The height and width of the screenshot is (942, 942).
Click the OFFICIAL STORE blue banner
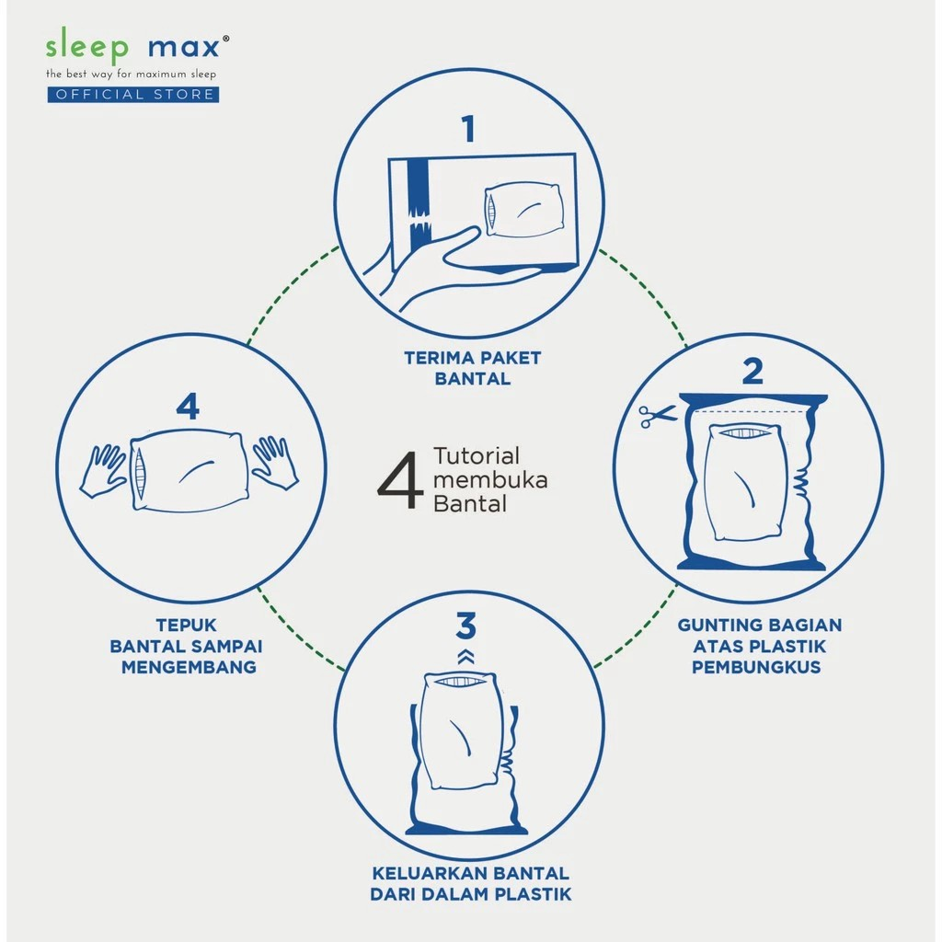(x=133, y=94)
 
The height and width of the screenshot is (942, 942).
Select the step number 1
(x=469, y=129)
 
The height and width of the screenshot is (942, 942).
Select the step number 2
(x=752, y=371)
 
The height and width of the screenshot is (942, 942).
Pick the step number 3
(x=466, y=626)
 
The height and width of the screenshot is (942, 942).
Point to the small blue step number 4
(x=188, y=406)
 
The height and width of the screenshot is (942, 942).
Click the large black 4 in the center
(x=400, y=479)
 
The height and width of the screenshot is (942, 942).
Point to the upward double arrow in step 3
(x=466, y=656)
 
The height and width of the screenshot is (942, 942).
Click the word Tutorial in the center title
(x=477, y=456)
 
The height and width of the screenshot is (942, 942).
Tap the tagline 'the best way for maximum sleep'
(x=132, y=73)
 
